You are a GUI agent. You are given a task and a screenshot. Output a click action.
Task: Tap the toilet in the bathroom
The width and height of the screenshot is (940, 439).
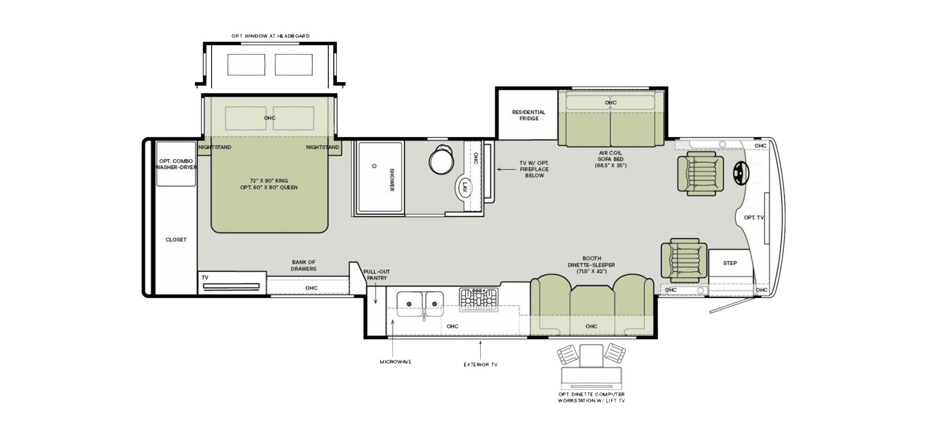[x=441, y=159]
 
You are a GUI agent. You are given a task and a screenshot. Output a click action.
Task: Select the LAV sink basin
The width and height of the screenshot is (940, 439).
[x=465, y=188]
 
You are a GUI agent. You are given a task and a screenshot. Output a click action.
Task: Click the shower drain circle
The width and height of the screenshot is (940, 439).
[x=375, y=166]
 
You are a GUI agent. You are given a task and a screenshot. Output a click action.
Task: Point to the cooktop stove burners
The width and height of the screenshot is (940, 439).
[x=479, y=299]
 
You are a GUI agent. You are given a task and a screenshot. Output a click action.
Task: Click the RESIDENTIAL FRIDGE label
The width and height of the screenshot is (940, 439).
[x=529, y=115]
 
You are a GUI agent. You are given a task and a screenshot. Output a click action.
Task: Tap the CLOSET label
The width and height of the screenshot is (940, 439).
[x=176, y=240]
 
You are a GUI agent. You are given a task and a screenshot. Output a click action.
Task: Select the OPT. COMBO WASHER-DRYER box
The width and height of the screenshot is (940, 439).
[x=176, y=164]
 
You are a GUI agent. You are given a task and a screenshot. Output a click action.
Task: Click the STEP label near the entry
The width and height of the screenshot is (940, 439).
[x=730, y=263]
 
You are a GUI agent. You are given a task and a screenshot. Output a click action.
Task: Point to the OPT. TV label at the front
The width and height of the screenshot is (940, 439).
[x=754, y=218]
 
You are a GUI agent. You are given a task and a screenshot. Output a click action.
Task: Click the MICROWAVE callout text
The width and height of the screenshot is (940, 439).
[x=396, y=362]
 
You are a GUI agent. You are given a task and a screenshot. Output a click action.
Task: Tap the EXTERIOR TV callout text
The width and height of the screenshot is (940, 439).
[x=481, y=365]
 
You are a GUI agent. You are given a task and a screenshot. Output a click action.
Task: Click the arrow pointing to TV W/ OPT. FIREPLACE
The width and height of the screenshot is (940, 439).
[x=506, y=169]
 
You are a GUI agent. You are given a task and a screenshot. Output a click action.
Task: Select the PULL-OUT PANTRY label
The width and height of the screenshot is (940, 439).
[x=377, y=275]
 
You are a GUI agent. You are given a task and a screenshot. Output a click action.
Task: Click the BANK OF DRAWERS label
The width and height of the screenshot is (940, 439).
[x=303, y=266]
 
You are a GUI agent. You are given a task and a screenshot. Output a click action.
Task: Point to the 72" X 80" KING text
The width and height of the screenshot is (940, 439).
[x=269, y=181]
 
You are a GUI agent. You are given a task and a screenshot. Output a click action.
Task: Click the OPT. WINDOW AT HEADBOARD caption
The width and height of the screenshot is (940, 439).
[x=270, y=36]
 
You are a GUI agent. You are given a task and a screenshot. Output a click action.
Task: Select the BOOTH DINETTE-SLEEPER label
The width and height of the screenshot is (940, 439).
[x=591, y=262]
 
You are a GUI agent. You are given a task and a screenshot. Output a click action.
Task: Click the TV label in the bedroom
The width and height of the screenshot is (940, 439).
[x=205, y=278]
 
